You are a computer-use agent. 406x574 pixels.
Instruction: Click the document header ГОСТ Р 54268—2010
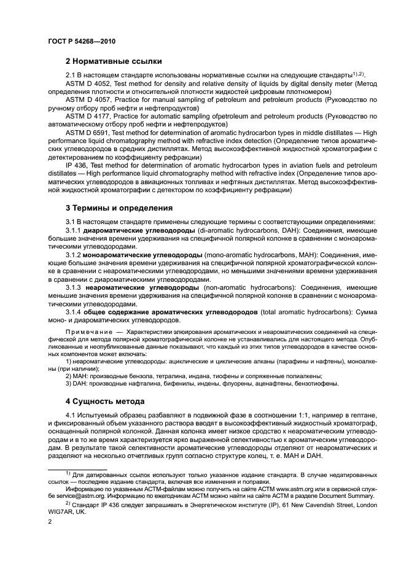pos(82,41)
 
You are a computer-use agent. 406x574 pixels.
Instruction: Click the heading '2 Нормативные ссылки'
pos(114,61)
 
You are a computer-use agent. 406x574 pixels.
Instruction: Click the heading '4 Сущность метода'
pos(105,401)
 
